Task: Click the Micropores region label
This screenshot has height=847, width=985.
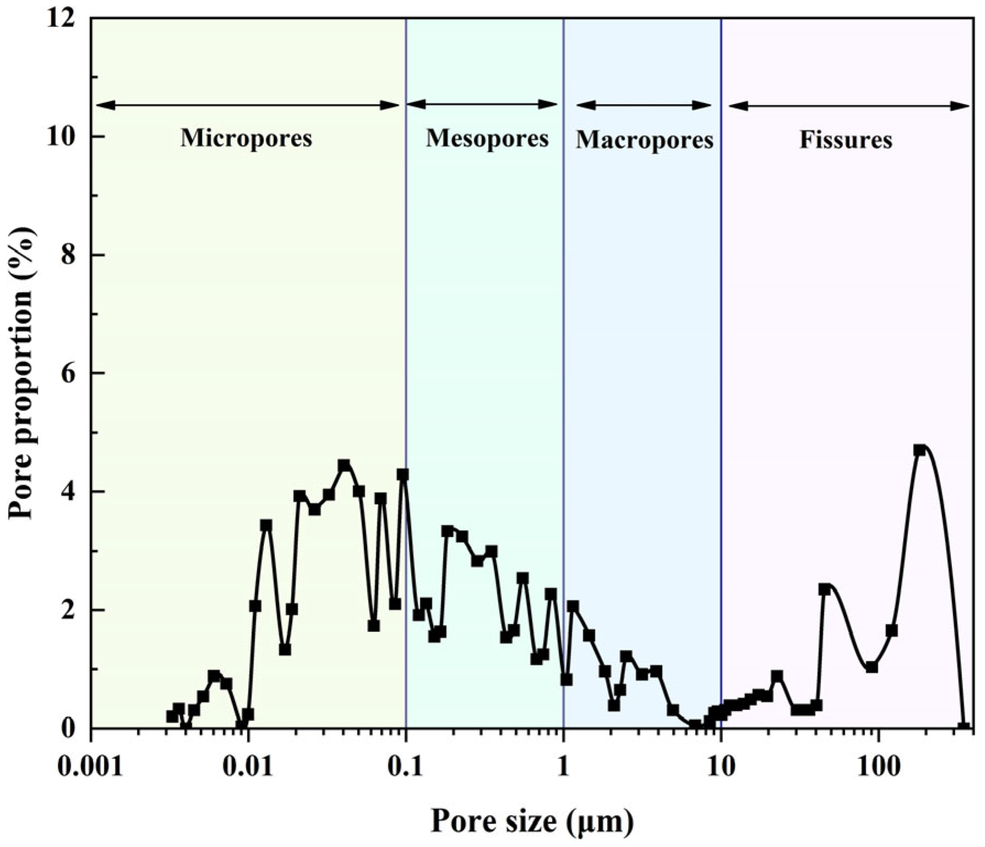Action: click(x=246, y=138)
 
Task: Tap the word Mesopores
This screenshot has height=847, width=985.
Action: click(x=487, y=138)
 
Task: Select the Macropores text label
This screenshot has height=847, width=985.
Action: click(x=644, y=140)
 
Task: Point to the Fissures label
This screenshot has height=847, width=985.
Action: click(x=846, y=140)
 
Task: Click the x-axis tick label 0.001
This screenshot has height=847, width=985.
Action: click(x=91, y=767)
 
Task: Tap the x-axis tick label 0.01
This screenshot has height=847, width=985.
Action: click(x=248, y=767)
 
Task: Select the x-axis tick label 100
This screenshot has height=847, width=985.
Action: click(x=878, y=767)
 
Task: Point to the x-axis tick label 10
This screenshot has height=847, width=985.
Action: click(x=721, y=767)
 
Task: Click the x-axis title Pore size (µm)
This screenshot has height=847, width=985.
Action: click(x=532, y=822)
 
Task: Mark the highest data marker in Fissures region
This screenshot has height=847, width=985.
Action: click(x=919, y=450)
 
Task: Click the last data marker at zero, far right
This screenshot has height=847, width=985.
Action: click(x=963, y=727)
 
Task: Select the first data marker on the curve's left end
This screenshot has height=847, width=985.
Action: click(x=172, y=716)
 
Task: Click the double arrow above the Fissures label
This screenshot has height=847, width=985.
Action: click(x=848, y=106)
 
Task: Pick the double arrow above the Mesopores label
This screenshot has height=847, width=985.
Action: click(x=483, y=104)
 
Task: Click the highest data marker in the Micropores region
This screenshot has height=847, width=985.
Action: click(x=344, y=465)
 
